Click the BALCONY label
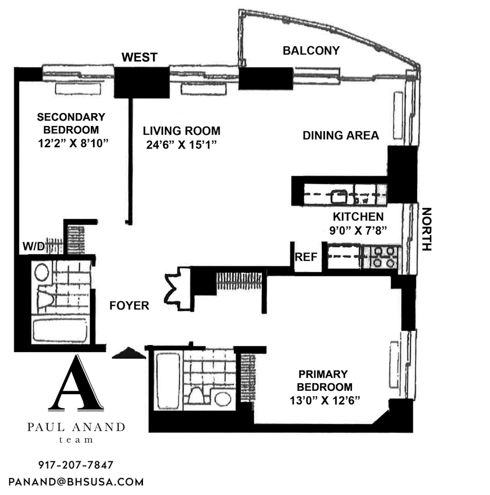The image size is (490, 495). (x=311, y=51)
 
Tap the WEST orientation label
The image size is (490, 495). (x=139, y=57)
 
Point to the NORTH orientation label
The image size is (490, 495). (x=426, y=229)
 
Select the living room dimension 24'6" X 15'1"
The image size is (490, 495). (x=181, y=145)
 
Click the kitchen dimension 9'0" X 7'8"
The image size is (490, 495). (x=358, y=230)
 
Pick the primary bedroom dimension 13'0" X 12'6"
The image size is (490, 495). (x=325, y=401)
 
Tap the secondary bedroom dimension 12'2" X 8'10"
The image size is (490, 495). (x=73, y=143)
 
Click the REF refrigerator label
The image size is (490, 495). (x=306, y=257)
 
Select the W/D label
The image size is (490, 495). (x=34, y=246)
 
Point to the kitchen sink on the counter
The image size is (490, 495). (x=339, y=197)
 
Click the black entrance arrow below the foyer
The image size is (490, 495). (x=129, y=353)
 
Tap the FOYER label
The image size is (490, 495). (x=129, y=306)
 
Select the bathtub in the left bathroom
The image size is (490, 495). (x=60, y=331)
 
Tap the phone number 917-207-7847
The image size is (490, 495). (x=76, y=465)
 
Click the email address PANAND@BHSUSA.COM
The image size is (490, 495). (x=76, y=482)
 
